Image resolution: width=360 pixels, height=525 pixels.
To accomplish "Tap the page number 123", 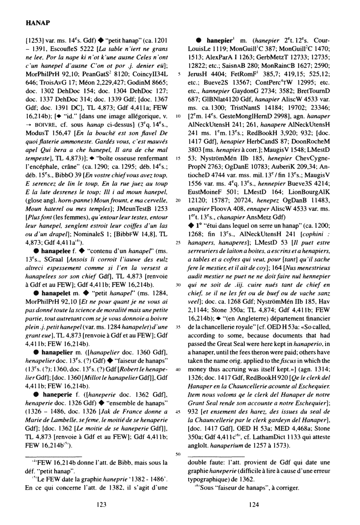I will click(x=102, y=504).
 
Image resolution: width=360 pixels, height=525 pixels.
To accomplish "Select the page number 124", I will click(x=254, y=504).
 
